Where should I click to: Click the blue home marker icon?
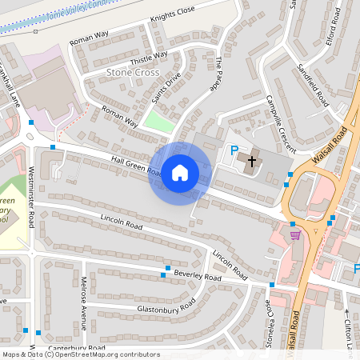tap(180, 173)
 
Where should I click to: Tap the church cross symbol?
tap(252, 161)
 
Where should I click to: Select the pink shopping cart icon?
tap(295, 234)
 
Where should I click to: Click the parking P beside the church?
tap(234, 150)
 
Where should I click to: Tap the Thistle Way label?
tap(149, 56)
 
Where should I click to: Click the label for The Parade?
tap(215, 74)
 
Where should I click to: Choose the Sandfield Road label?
tap(312, 85)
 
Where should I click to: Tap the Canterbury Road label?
tap(76, 349)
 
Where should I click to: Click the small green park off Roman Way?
tap(158, 120)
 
